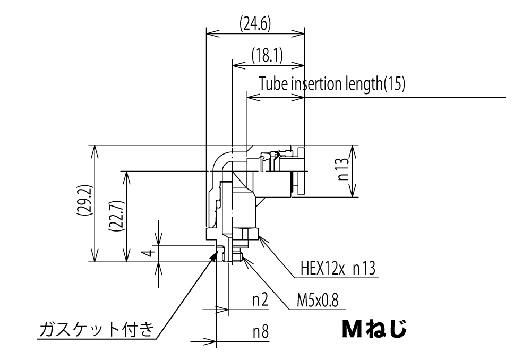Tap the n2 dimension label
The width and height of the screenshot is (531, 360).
click(259, 302)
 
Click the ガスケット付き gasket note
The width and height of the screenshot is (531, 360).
click(97, 330)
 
